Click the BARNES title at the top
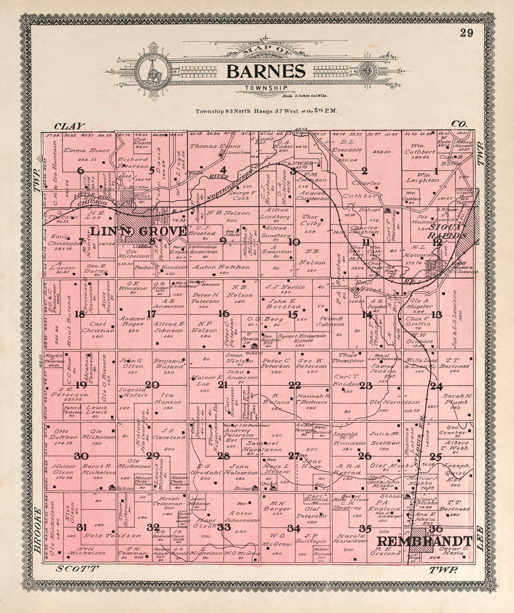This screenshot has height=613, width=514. [x=266, y=72]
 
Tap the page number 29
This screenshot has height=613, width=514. [x=465, y=33]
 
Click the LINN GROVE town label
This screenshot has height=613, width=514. [x=139, y=231]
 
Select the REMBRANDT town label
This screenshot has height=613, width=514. [x=424, y=541]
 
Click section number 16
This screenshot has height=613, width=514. [x=224, y=313]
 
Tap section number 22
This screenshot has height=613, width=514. [x=294, y=385]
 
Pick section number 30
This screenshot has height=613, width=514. [x=81, y=456]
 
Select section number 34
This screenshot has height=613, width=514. [x=293, y=528]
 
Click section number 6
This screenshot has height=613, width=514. [x=81, y=171]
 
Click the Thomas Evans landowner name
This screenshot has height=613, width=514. [x=208, y=146]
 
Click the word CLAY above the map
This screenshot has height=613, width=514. [x=69, y=126]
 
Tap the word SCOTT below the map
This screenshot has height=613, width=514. [x=78, y=569]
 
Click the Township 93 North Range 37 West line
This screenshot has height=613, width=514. [x=264, y=112]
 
